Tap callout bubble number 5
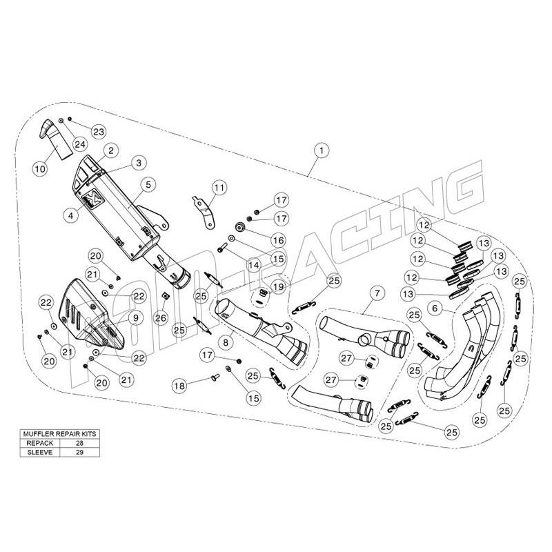[x=147, y=184]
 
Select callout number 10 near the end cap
[x=39, y=166]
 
